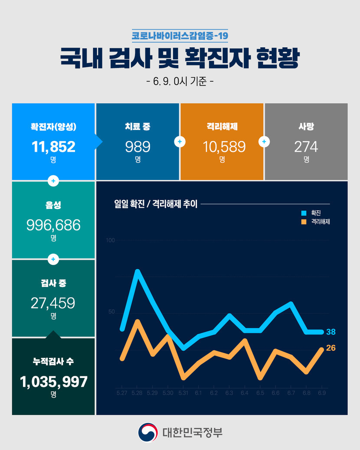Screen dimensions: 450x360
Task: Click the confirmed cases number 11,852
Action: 53,147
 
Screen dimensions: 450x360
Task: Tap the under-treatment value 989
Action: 137,147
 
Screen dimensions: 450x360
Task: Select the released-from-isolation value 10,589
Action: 222,147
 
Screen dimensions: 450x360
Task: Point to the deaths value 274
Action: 306,147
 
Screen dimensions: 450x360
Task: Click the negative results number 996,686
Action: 53,225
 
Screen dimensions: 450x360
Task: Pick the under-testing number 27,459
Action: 53,303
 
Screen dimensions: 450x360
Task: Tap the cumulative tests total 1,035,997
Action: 53,382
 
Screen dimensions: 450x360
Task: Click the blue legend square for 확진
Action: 304,213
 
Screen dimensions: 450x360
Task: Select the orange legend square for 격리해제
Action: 304,222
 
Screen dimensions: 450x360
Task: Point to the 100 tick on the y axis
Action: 110,240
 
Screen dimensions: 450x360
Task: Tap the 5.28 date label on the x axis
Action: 137,393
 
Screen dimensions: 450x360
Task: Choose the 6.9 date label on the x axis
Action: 322,393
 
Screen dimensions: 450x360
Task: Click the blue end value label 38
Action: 331,332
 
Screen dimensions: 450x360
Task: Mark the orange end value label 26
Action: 331,348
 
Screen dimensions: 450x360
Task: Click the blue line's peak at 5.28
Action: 137,272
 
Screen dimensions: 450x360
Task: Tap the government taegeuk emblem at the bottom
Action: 148,432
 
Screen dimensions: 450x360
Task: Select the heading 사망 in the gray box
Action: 306,127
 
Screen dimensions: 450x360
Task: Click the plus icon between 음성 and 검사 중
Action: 53,259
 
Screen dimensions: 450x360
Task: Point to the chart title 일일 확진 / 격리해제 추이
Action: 156,204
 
